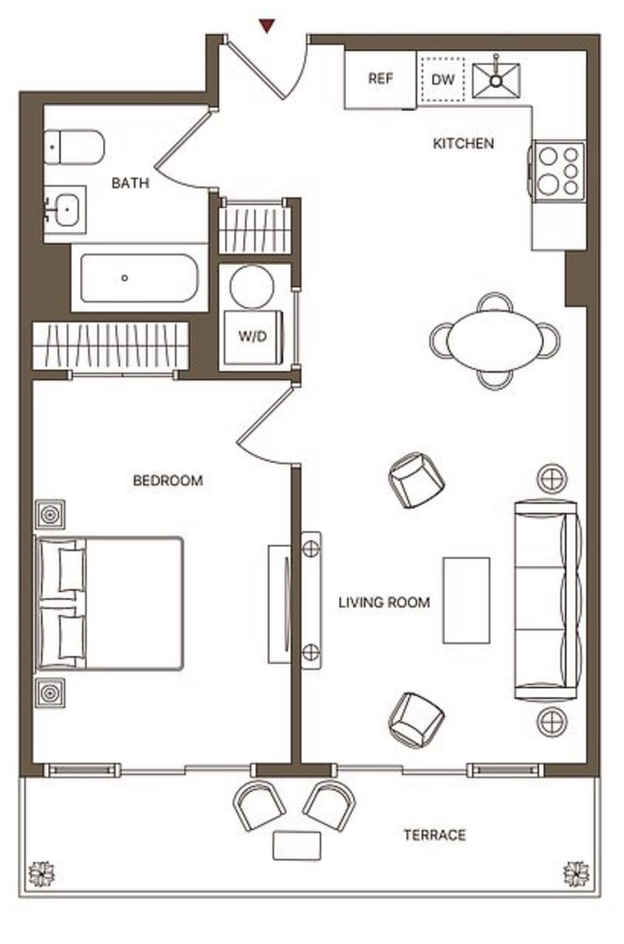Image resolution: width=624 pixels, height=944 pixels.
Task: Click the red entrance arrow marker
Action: click(x=266, y=25)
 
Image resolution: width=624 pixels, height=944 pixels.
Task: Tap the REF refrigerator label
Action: click(x=381, y=78)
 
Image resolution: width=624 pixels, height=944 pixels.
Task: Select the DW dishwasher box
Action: click(x=442, y=79)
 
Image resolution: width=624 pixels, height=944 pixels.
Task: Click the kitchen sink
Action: click(x=496, y=79)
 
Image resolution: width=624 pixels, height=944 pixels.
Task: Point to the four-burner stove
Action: click(x=558, y=171)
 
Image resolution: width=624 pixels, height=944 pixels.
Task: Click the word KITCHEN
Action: click(x=464, y=143)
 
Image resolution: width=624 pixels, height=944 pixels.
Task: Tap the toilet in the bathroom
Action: click(x=75, y=147)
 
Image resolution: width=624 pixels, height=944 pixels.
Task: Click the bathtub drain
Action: click(x=124, y=278)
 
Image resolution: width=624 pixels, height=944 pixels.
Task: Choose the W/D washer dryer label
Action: click(x=253, y=336)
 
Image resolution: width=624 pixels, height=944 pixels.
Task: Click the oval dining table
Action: click(x=495, y=341)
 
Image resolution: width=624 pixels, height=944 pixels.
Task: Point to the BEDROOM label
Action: click(x=168, y=480)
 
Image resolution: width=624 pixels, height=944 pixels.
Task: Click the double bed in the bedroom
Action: click(x=110, y=604)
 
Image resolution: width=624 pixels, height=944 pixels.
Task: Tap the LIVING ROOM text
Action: click(x=384, y=602)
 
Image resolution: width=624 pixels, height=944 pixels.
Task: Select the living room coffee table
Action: click(x=466, y=600)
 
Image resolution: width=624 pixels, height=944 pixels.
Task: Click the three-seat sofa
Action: click(x=548, y=600)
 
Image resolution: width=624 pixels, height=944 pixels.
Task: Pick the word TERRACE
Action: click(x=434, y=835)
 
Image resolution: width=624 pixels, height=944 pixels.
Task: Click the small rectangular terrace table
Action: click(x=297, y=846)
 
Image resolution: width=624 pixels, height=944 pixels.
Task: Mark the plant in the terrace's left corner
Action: click(x=41, y=875)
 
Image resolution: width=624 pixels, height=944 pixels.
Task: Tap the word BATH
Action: click(x=131, y=183)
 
